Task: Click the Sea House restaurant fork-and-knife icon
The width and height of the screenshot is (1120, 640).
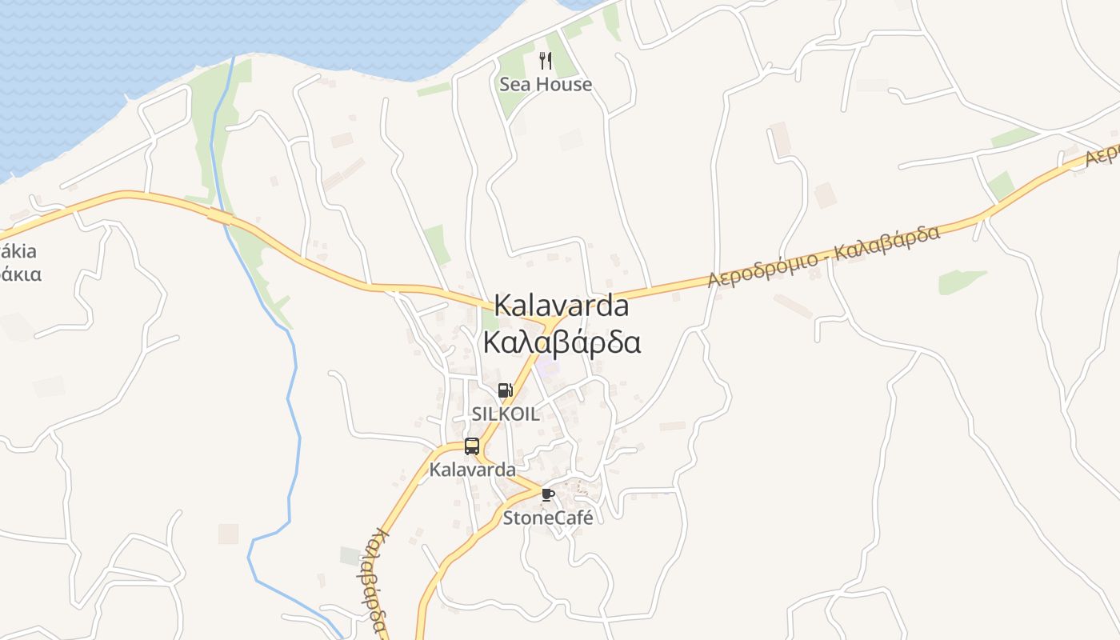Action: click(x=546, y=61)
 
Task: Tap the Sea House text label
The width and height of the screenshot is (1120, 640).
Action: click(x=546, y=84)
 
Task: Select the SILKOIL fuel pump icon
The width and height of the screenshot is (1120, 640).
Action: click(x=505, y=390)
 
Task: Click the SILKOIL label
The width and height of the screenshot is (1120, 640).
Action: click(x=505, y=414)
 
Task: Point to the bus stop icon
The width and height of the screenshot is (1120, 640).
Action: click(x=472, y=446)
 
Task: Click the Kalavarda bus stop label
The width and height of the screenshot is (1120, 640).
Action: click(x=472, y=470)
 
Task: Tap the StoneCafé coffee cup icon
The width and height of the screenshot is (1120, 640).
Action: click(x=548, y=494)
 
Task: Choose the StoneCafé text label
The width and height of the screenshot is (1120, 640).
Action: click(x=548, y=518)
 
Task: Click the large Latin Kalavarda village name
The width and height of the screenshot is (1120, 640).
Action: click(x=561, y=305)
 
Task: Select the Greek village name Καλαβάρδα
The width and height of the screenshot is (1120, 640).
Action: click(x=562, y=342)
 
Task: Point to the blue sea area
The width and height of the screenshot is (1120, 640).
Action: click(x=200, y=40)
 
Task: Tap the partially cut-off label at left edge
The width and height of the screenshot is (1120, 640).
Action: click(x=19, y=262)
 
